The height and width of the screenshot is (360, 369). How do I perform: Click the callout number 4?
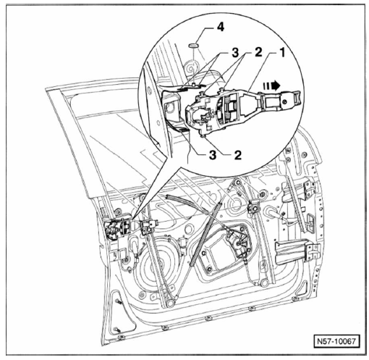pyautogui.click(x=220, y=27)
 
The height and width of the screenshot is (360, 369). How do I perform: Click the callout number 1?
pyautogui.click(x=282, y=52)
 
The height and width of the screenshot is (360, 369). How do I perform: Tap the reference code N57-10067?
pyautogui.click(x=336, y=341)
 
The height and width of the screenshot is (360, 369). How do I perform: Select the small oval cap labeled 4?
pyautogui.click(x=193, y=45)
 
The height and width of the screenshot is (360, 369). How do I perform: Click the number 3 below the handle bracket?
pyautogui.click(x=213, y=155)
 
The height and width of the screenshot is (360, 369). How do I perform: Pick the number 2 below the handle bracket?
pyautogui.click(x=238, y=155)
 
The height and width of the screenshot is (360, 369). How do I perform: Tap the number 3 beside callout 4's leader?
pyautogui.click(x=235, y=52)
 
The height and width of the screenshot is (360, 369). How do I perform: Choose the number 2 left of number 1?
pyautogui.click(x=258, y=52)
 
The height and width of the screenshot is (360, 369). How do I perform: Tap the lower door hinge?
pyautogui.click(x=313, y=252)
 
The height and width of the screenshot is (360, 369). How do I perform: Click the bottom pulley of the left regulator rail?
pyautogui.click(x=170, y=303)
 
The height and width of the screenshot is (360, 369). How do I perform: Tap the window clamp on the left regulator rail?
pyautogui.click(x=148, y=227)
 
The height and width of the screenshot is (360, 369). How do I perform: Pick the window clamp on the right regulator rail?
pyautogui.click(x=254, y=206)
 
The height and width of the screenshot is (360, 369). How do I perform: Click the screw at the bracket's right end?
pyautogui.click(x=285, y=101)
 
